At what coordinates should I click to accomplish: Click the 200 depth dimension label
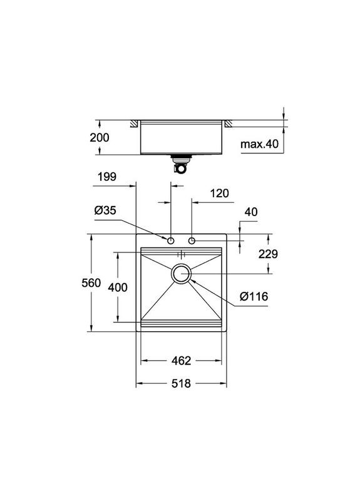click(x=100, y=138)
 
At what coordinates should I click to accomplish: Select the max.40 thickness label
click(x=259, y=145)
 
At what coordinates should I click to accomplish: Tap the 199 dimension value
click(x=107, y=177)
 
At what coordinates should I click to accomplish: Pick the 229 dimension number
click(x=267, y=254)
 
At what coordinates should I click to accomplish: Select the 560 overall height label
click(x=91, y=283)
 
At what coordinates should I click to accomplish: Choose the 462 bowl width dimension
click(x=181, y=361)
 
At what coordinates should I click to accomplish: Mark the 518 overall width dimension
click(x=181, y=383)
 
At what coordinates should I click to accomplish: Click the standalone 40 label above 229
click(x=251, y=213)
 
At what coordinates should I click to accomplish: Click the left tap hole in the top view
click(x=171, y=240)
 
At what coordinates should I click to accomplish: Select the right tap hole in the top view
click(x=192, y=240)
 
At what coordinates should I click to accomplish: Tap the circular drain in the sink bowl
click(x=182, y=274)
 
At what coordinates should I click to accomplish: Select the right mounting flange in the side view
click(x=229, y=124)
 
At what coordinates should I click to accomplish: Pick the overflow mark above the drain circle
click(x=182, y=254)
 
